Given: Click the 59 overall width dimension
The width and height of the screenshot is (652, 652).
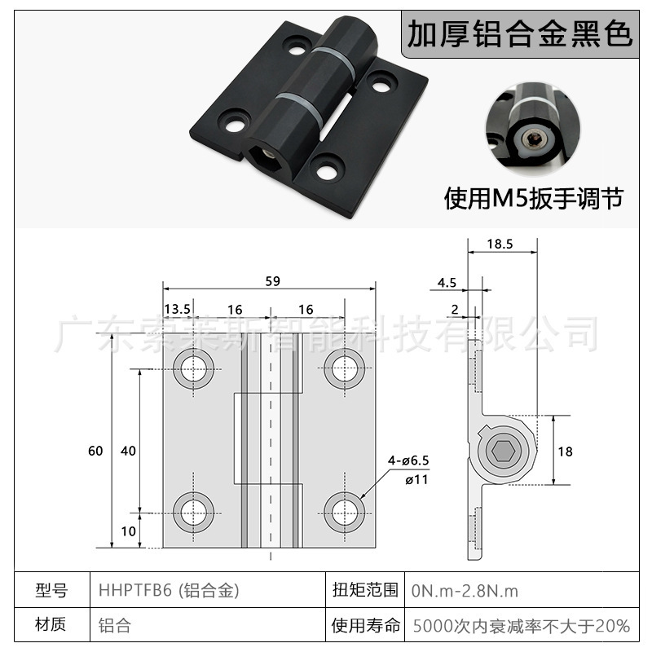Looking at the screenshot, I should click(x=272, y=281).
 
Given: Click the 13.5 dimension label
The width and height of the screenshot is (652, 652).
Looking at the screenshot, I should click(x=178, y=310).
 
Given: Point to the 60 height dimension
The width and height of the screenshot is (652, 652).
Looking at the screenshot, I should click(x=96, y=451).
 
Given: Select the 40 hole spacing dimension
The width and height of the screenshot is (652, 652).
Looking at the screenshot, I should click(x=128, y=451).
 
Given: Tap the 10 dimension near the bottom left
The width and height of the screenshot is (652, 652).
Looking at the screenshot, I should click(x=128, y=531).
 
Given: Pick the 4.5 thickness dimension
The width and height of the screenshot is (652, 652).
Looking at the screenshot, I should click(x=447, y=283).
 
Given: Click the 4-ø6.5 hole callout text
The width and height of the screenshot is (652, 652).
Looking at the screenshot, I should click(x=407, y=460).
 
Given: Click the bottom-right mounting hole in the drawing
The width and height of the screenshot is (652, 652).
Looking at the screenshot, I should click(x=344, y=511).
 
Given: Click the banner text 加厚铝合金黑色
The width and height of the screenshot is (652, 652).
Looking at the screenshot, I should click(x=520, y=34).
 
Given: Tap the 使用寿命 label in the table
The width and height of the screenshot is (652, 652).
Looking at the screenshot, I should click(x=366, y=626).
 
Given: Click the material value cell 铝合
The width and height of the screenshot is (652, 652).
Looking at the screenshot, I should click(x=114, y=626).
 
